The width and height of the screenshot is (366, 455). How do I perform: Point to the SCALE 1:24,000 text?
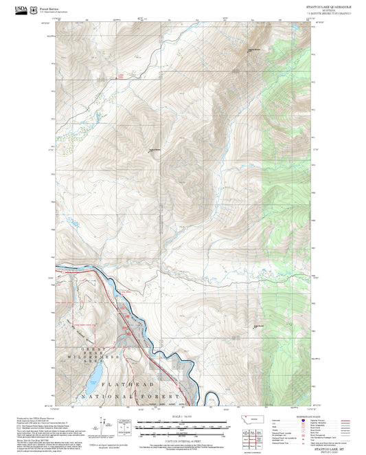[183, 415]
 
